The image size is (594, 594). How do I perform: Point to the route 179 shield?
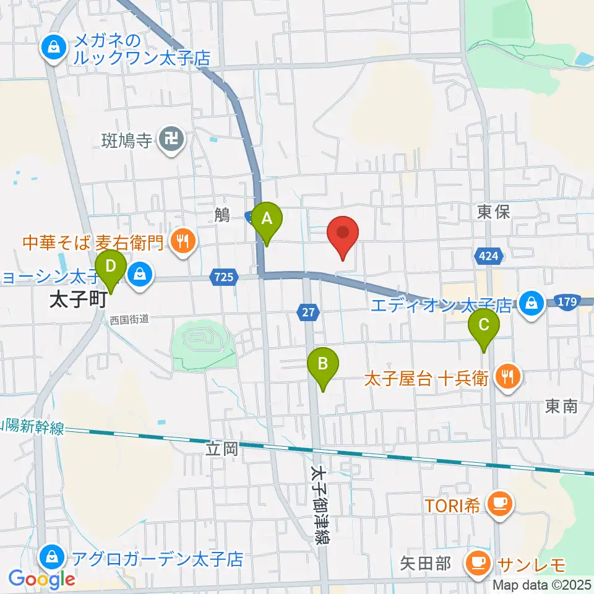[569, 301]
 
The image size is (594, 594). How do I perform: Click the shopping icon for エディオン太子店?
[531, 303]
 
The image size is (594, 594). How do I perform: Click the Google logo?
[41, 579]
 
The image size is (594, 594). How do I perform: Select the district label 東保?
[493, 212]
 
